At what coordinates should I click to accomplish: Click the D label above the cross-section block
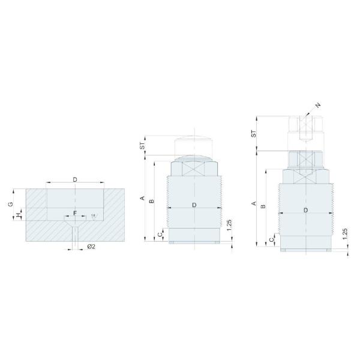[75, 179]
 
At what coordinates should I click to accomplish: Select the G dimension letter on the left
[10, 204]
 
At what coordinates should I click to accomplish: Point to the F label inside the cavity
[74, 213]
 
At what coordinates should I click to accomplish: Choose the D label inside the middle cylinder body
[194, 205]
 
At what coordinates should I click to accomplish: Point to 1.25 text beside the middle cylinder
[230, 226]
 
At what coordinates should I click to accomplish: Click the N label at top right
[318, 105]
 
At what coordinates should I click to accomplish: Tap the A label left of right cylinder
[254, 204]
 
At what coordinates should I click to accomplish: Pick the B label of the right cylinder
[264, 206]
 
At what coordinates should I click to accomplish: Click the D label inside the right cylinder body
[306, 211]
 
